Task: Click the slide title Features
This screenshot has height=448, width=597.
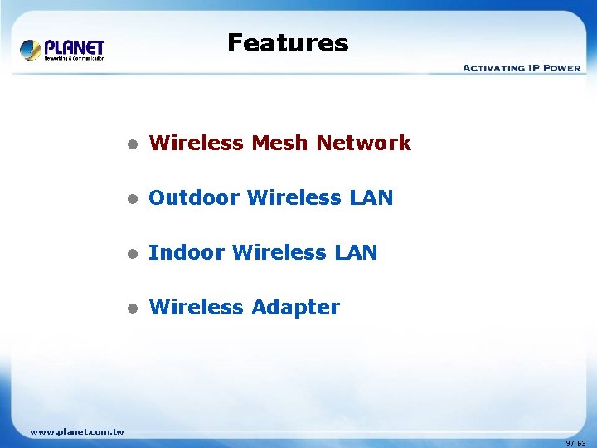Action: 288,42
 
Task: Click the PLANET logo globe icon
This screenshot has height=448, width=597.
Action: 31,50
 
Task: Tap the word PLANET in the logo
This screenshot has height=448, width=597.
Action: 74,47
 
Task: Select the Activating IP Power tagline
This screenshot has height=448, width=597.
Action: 521,67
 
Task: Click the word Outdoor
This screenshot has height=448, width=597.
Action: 194,197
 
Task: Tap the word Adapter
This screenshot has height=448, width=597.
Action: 295,307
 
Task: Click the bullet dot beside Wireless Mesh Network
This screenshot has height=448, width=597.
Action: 130,144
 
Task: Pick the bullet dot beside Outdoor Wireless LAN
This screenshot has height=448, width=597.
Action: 130,198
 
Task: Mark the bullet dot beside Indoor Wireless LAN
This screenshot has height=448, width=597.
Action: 130,253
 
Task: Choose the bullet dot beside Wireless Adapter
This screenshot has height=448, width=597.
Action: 130,308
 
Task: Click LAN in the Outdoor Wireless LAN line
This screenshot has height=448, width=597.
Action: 371,197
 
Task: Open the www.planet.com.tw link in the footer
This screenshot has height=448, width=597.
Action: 76,431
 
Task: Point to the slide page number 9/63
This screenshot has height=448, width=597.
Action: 575,443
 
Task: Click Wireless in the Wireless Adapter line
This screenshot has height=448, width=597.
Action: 197,307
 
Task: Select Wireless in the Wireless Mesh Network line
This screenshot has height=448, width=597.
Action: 197,143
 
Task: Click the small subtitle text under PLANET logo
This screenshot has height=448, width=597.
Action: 74,58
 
